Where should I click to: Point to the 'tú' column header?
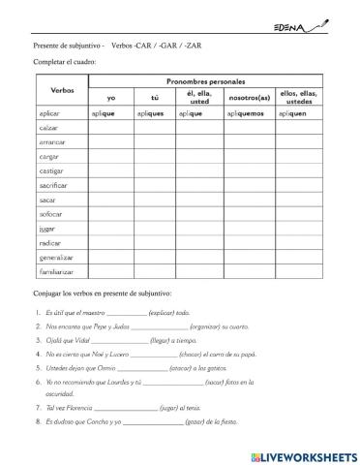tap(153, 98)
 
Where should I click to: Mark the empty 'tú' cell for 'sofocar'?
tap(153, 215)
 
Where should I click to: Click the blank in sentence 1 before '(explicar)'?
tap(127, 314)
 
